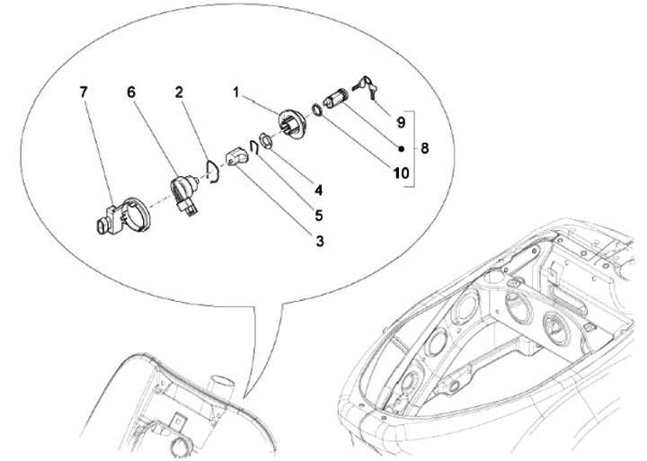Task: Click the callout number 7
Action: click(x=84, y=92)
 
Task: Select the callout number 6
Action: click(x=131, y=92)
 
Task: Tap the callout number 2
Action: click(x=179, y=92)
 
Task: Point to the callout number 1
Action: click(x=236, y=93)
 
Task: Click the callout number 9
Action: click(x=401, y=122)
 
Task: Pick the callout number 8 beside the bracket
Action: click(x=424, y=147)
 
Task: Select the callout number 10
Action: click(x=401, y=173)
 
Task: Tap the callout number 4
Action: click(x=318, y=191)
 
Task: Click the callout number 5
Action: click(x=318, y=216)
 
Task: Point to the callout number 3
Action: click(x=320, y=241)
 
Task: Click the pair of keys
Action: click(x=365, y=86)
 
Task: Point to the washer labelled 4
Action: click(x=265, y=141)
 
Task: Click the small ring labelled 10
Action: click(x=317, y=110)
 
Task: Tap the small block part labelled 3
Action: click(x=236, y=157)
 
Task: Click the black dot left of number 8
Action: click(x=401, y=148)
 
